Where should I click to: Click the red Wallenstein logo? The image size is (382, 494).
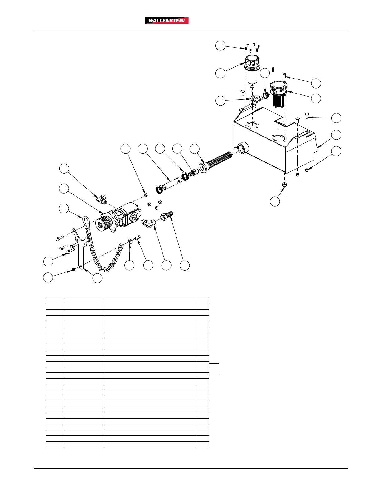[x=167, y=21]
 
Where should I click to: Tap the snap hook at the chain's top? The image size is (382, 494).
[x=86, y=221]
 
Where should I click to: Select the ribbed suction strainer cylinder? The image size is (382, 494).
[x=219, y=160]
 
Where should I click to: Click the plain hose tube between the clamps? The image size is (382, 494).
[x=172, y=184]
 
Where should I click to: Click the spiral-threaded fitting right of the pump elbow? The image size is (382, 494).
[x=167, y=215]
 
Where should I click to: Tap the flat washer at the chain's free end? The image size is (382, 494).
[x=130, y=241]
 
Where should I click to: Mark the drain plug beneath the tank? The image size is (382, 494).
[x=284, y=184]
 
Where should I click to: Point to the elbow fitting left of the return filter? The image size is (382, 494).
[x=256, y=99]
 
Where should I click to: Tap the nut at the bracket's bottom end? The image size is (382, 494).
[x=74, y=270]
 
